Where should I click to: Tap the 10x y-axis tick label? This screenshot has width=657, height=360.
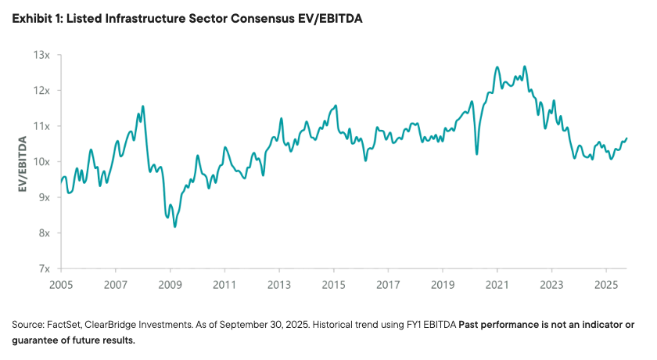tap(42, 162)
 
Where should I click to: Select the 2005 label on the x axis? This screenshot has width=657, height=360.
tap(61, 284)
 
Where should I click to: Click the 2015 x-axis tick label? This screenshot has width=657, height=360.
tap(334, 284)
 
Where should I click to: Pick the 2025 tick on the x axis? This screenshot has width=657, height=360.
tap(606, 284)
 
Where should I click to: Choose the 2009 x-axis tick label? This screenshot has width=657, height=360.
tap(170, 284)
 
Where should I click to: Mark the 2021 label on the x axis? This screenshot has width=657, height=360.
tap(497, 284)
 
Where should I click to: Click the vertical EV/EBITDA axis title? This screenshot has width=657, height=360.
tap(23, 164)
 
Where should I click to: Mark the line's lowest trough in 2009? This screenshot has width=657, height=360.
tap(175, 226)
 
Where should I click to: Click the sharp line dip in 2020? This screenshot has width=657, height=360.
tap(477, 153)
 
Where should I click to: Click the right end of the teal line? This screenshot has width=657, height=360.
tap(626, 139)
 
